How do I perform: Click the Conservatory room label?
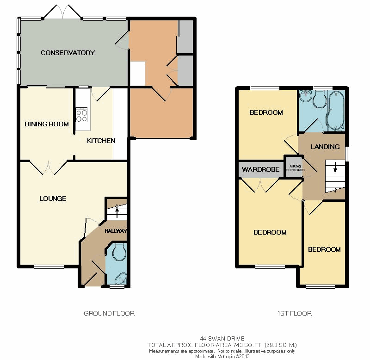(68, 53)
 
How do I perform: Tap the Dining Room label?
(47, 124)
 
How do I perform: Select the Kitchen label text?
(101, 141)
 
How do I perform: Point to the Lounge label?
(53, 199)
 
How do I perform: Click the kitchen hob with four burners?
(82, 115)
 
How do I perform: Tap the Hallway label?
(116, 231)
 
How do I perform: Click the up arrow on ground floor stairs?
(117, 212)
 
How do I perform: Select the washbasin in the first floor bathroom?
(306, 95)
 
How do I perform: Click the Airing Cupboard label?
(295, 168)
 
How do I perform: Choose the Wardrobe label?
(260, 169)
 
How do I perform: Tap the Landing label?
(325, 147)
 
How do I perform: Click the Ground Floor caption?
(109, 313)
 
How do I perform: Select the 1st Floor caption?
(295, 313)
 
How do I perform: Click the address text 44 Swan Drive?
(222, 339)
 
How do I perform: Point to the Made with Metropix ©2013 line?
(222, 356)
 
